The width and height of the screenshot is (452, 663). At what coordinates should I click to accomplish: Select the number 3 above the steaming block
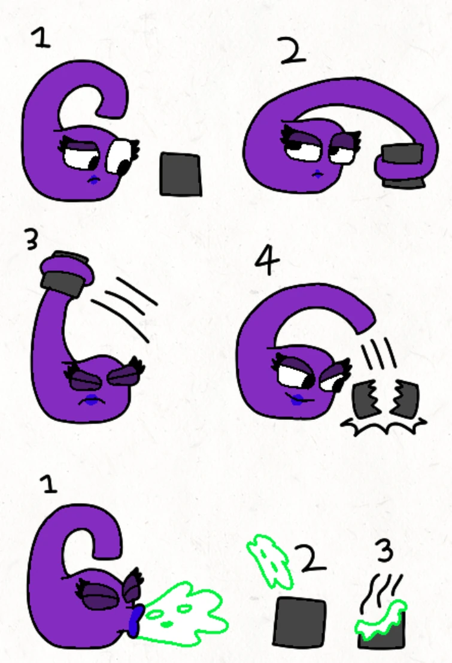click(x=385, y=552)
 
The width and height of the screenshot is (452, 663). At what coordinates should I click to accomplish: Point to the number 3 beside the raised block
click(x=32, y=240)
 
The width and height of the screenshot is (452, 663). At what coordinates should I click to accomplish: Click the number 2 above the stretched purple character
click(x=293, y=50)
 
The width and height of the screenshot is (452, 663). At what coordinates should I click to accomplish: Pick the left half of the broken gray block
click(x=365, y=398)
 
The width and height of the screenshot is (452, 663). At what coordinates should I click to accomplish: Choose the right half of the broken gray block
click(x=405, y=399)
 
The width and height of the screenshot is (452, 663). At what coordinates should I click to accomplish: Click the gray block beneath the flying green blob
click(x=300, y=622)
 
